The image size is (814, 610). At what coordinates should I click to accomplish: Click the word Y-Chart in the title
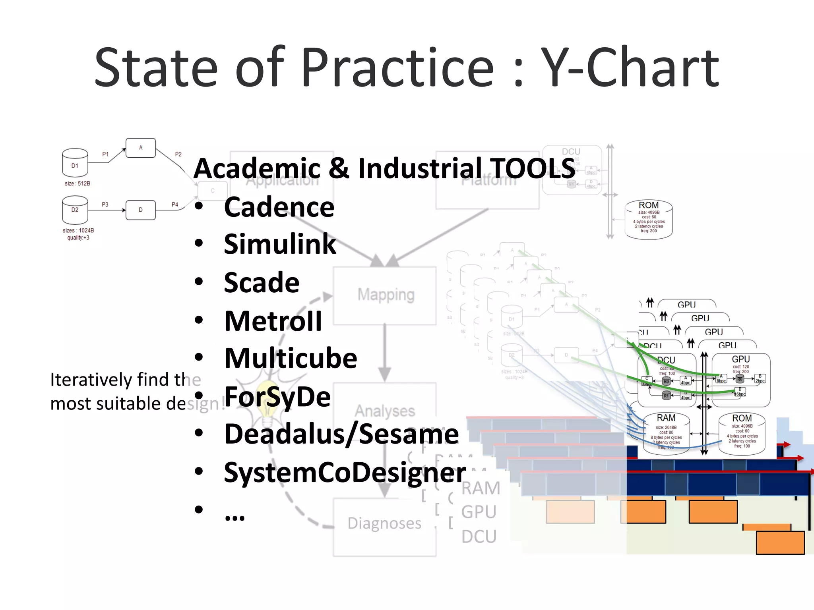click(x=630, y=68)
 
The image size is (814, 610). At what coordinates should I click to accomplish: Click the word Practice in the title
click(x=397, y=68)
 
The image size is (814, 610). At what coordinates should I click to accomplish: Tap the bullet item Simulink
click(x=280, y=244)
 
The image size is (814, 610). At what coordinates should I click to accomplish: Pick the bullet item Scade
click(x=262, y=283)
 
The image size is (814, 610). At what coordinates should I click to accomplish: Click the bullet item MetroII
click(x=273, y=321)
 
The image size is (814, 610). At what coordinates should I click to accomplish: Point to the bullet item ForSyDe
click(x=277, y=397)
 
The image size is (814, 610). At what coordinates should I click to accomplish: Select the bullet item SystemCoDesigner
click(x=345, y=473)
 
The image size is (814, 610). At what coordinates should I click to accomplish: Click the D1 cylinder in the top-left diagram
click(x=75, y=163)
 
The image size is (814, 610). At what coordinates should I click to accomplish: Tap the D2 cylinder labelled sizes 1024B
click(x=75, y=210)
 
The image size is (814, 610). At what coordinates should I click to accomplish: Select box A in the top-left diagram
click(x=140, y=148)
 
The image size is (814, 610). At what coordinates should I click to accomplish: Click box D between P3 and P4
click(x=140, y=210)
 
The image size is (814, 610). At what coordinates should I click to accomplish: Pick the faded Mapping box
click(x=385, y=295)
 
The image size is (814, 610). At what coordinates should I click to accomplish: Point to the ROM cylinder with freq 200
click(x=649, y=220)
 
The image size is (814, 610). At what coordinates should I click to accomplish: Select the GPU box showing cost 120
click(x=741, y=379)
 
